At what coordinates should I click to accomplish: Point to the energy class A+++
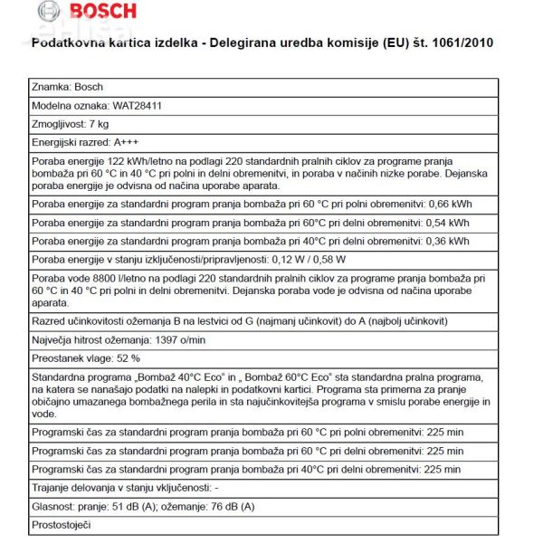pyautogui.click(x=126, y=141)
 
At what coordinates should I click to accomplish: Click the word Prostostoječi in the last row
pyautogui.click(x=62, y=524)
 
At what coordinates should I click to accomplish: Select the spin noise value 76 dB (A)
pyautogui.click(x=218, y=506)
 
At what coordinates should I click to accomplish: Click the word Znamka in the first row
pyautogui.click(x=50, y=87)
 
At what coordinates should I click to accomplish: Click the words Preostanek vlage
pyautogui.click(x=66, y=357)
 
